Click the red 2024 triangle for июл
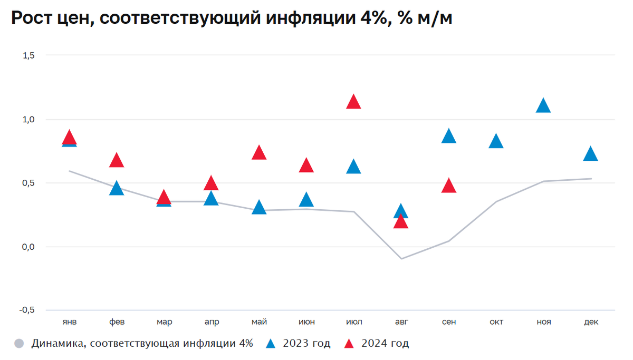[353, 102]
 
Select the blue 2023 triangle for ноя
[543, 106]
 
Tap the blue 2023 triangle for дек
[591, 154]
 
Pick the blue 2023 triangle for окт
[496, 142]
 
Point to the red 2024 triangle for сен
[448, 186]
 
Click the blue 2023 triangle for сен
[448, 137]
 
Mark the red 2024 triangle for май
[259, 153]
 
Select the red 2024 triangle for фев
[117, 161]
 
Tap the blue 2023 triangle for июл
[353, 167]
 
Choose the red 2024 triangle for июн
[306, 166]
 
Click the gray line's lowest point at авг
[401, 259]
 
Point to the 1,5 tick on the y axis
[27, 55]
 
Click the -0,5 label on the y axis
[26, 310]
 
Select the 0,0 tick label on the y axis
[27, 247]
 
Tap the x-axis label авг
[401, 322]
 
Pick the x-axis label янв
[69, 322]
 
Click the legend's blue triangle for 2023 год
[271, 344]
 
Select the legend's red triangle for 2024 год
[349, 344]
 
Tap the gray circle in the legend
[20, 344]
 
